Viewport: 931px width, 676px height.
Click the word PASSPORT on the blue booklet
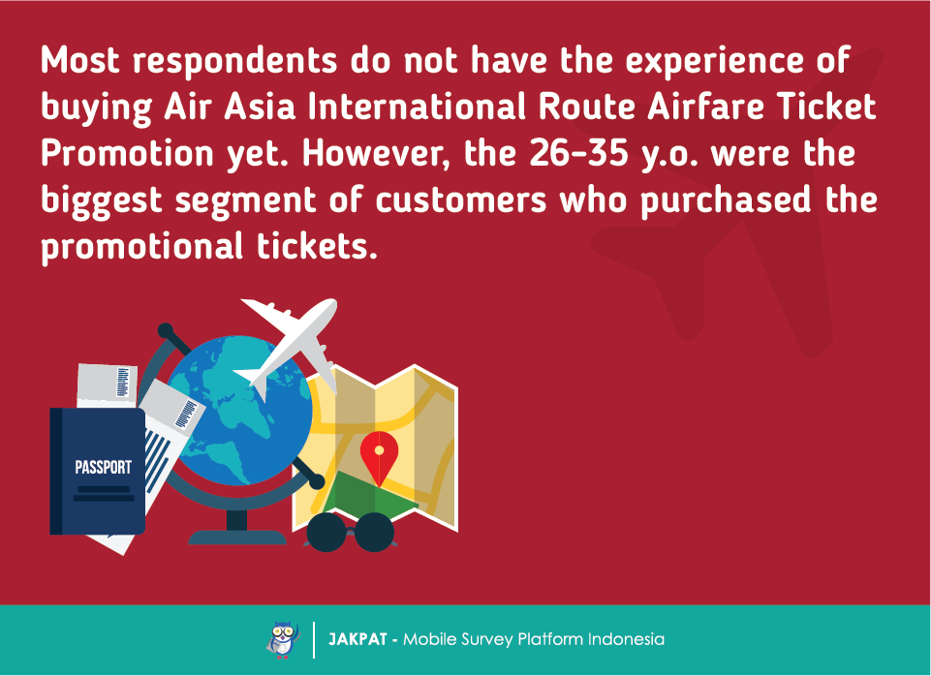(104, 467)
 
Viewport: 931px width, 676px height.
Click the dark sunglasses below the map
(351, 533)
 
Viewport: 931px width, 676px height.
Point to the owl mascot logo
(283, 640)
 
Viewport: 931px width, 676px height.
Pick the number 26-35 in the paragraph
(578, 152)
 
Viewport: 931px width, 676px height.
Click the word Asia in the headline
(260, 107)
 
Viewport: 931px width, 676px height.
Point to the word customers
(461, 200)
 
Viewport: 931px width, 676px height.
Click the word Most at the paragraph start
(80, 61)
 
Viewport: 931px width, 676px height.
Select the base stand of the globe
(237, 536)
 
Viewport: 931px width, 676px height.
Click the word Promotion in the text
(127, 153)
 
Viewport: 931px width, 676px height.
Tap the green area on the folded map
(368, 496)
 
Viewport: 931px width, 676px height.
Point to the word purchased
(727, 200)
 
